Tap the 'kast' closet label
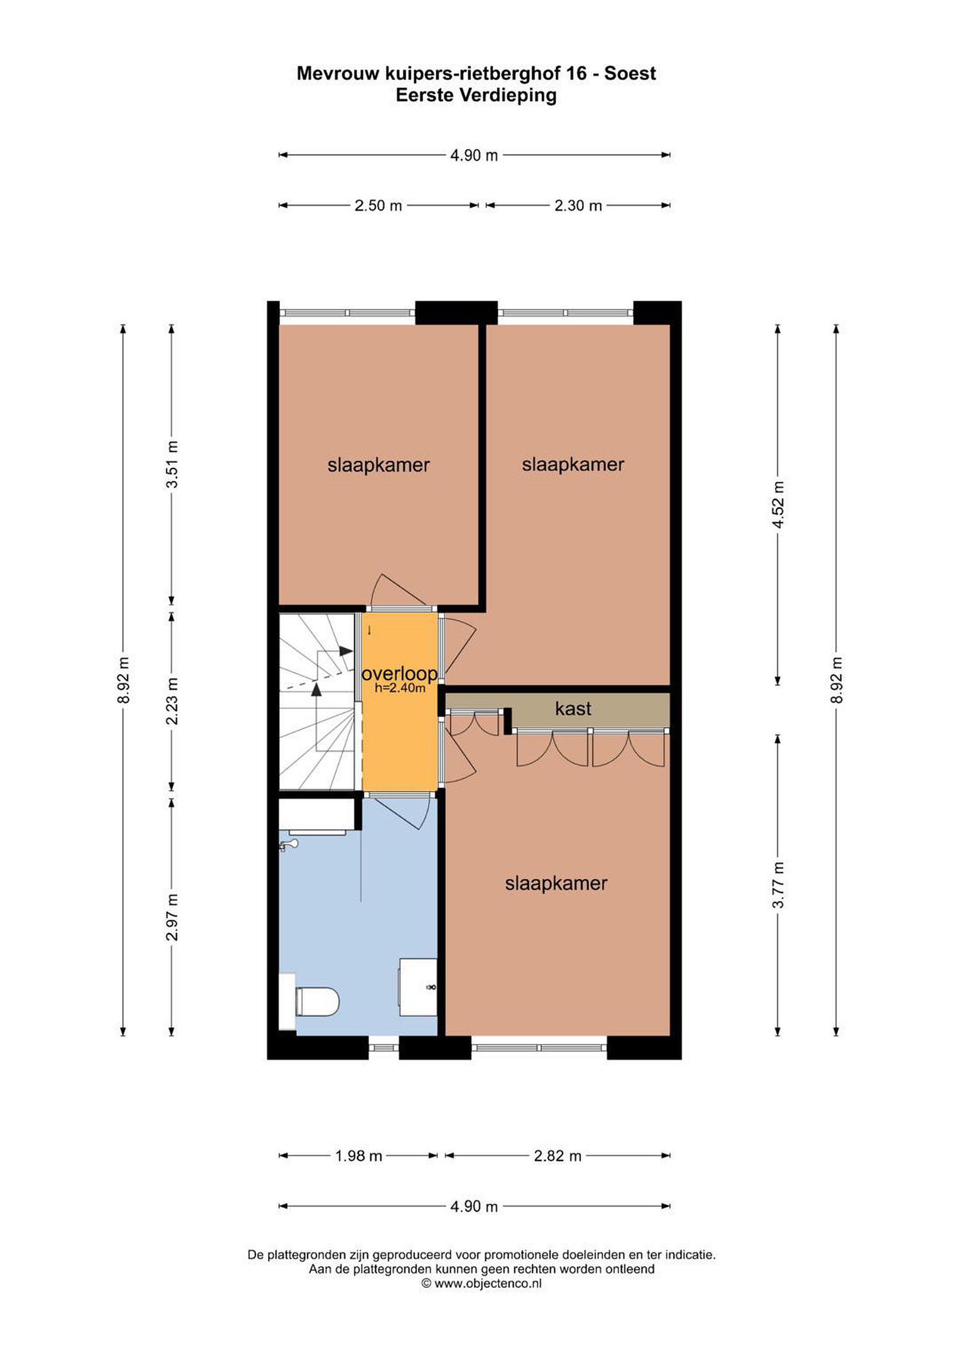coord(573,709)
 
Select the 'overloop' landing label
coord(399,673)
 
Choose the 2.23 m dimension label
coord(171,701)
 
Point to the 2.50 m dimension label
coord(378,206)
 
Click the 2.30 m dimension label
coord(578,206)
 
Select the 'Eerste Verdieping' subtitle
coord(476,95)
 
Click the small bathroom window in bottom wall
coord(383,1048)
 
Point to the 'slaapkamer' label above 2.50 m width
coord(378,465)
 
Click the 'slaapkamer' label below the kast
coord(556,884)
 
